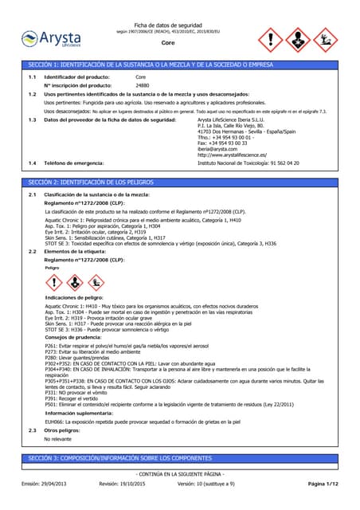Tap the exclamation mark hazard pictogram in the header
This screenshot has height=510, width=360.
[272, 38]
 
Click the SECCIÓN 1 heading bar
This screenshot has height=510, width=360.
[180, 64]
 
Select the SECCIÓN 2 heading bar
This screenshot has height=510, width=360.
[180, 182]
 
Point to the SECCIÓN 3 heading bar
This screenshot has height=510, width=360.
[180, 459]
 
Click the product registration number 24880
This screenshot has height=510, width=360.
[143, 84]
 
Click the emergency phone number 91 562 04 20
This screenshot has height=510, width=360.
[280, 163]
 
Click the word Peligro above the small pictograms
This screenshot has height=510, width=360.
[53, 269]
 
